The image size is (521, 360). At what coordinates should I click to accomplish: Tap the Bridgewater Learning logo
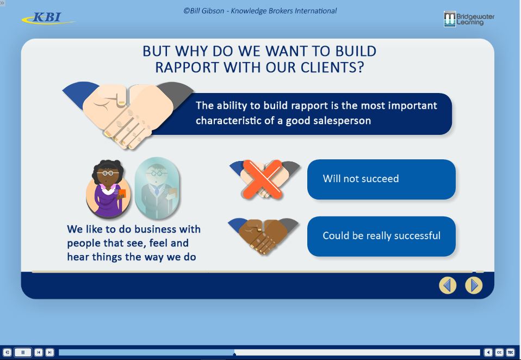click(469, 19)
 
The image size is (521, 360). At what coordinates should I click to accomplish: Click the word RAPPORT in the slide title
click(187, 67)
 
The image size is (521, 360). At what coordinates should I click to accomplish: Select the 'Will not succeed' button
click(381, 179)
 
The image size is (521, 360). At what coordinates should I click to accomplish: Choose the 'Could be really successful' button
click(381, 236)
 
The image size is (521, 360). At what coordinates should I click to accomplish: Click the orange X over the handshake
click(263, 179)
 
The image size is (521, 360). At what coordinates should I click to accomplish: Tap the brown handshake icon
click(263, 237)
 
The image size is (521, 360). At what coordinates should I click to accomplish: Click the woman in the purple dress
click(108, 188)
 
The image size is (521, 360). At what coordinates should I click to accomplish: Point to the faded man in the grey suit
click(157, 188)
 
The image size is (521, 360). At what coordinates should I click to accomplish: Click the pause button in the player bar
click(23, 352)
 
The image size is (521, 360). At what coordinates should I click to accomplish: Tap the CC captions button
click(499, 352)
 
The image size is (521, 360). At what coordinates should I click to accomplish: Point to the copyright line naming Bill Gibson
click(260, 11)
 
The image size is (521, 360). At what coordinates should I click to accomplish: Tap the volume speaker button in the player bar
click(488, 352)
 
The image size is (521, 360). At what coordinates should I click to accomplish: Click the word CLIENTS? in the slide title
click(333, 67)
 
